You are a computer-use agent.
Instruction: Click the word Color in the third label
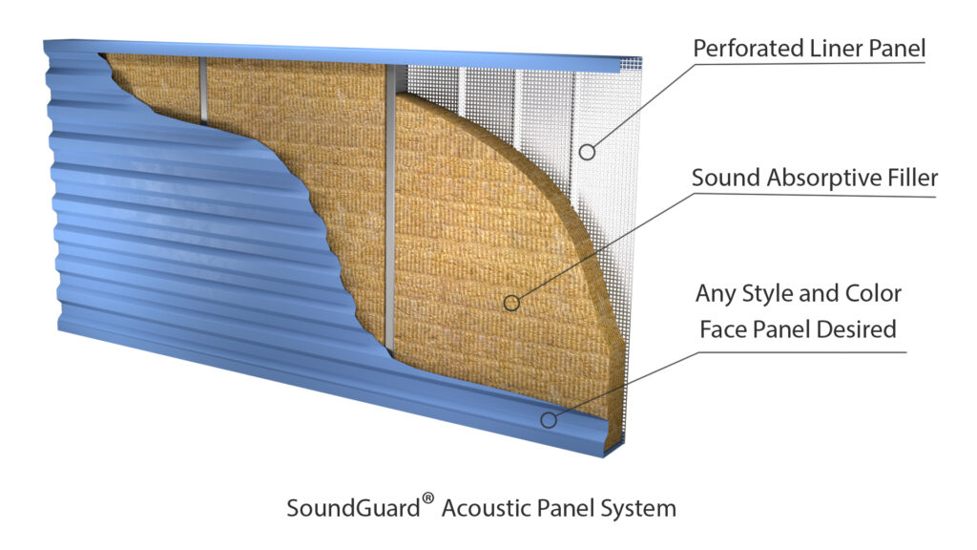tap(870, 292)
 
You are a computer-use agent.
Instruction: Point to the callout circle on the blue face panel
tap(548, 419)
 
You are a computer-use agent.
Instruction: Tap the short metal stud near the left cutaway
tap(203, 91)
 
